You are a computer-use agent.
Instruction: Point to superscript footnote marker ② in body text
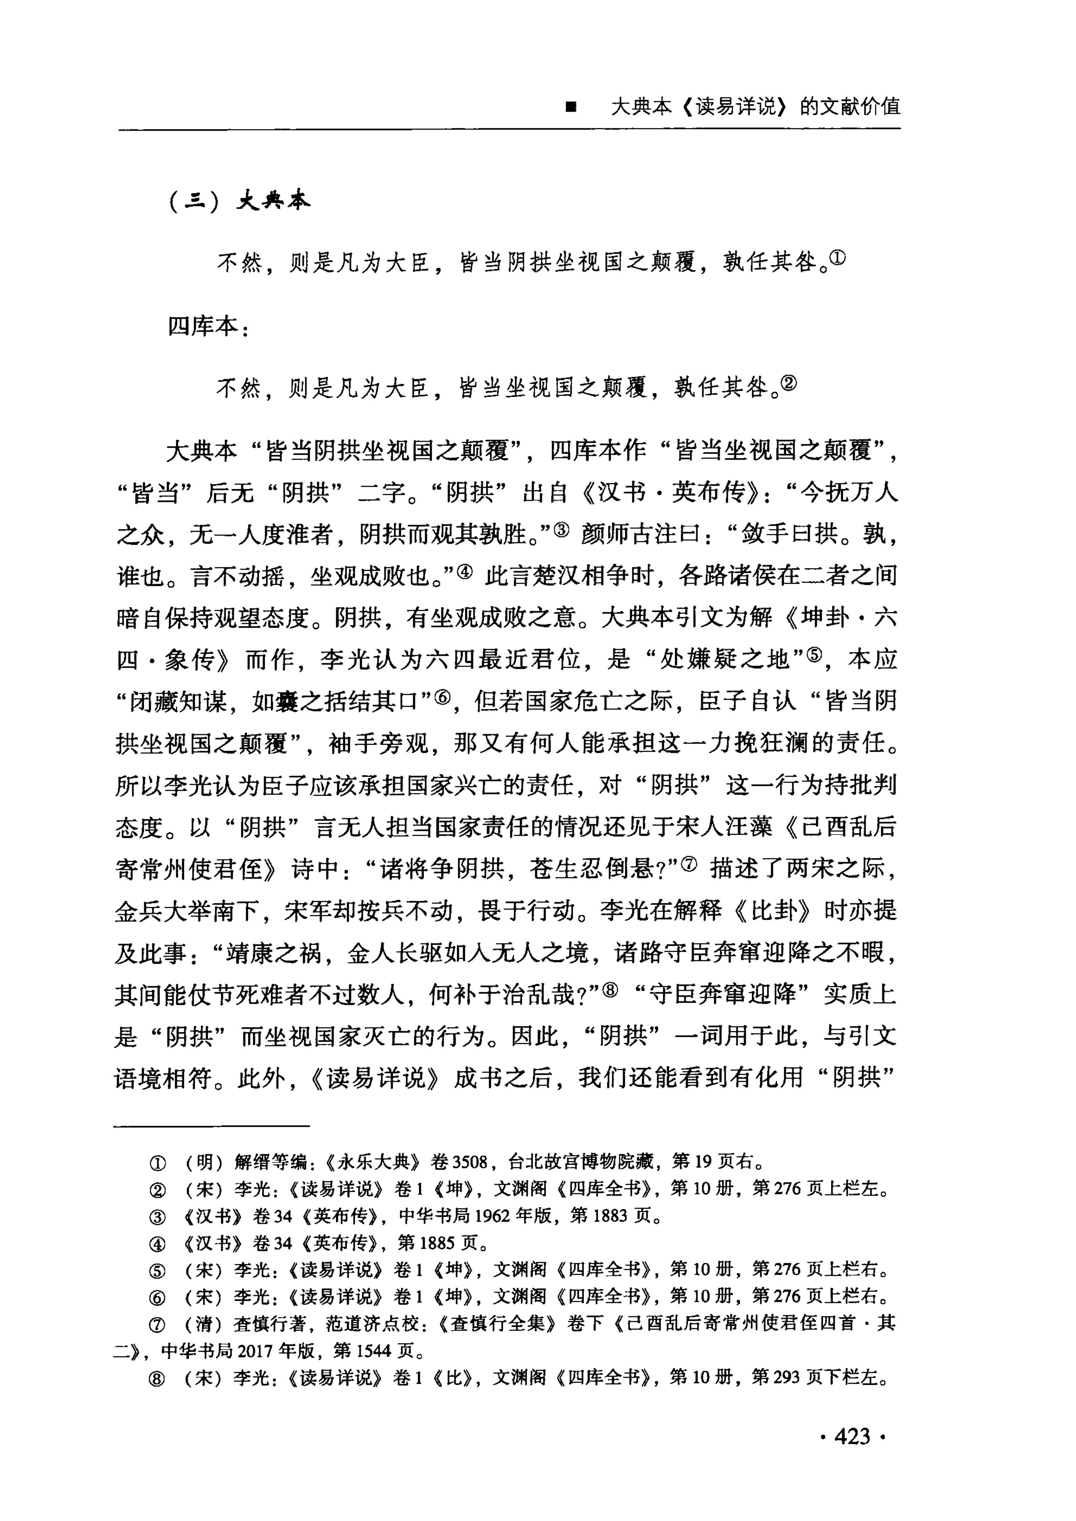pos(789,382)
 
